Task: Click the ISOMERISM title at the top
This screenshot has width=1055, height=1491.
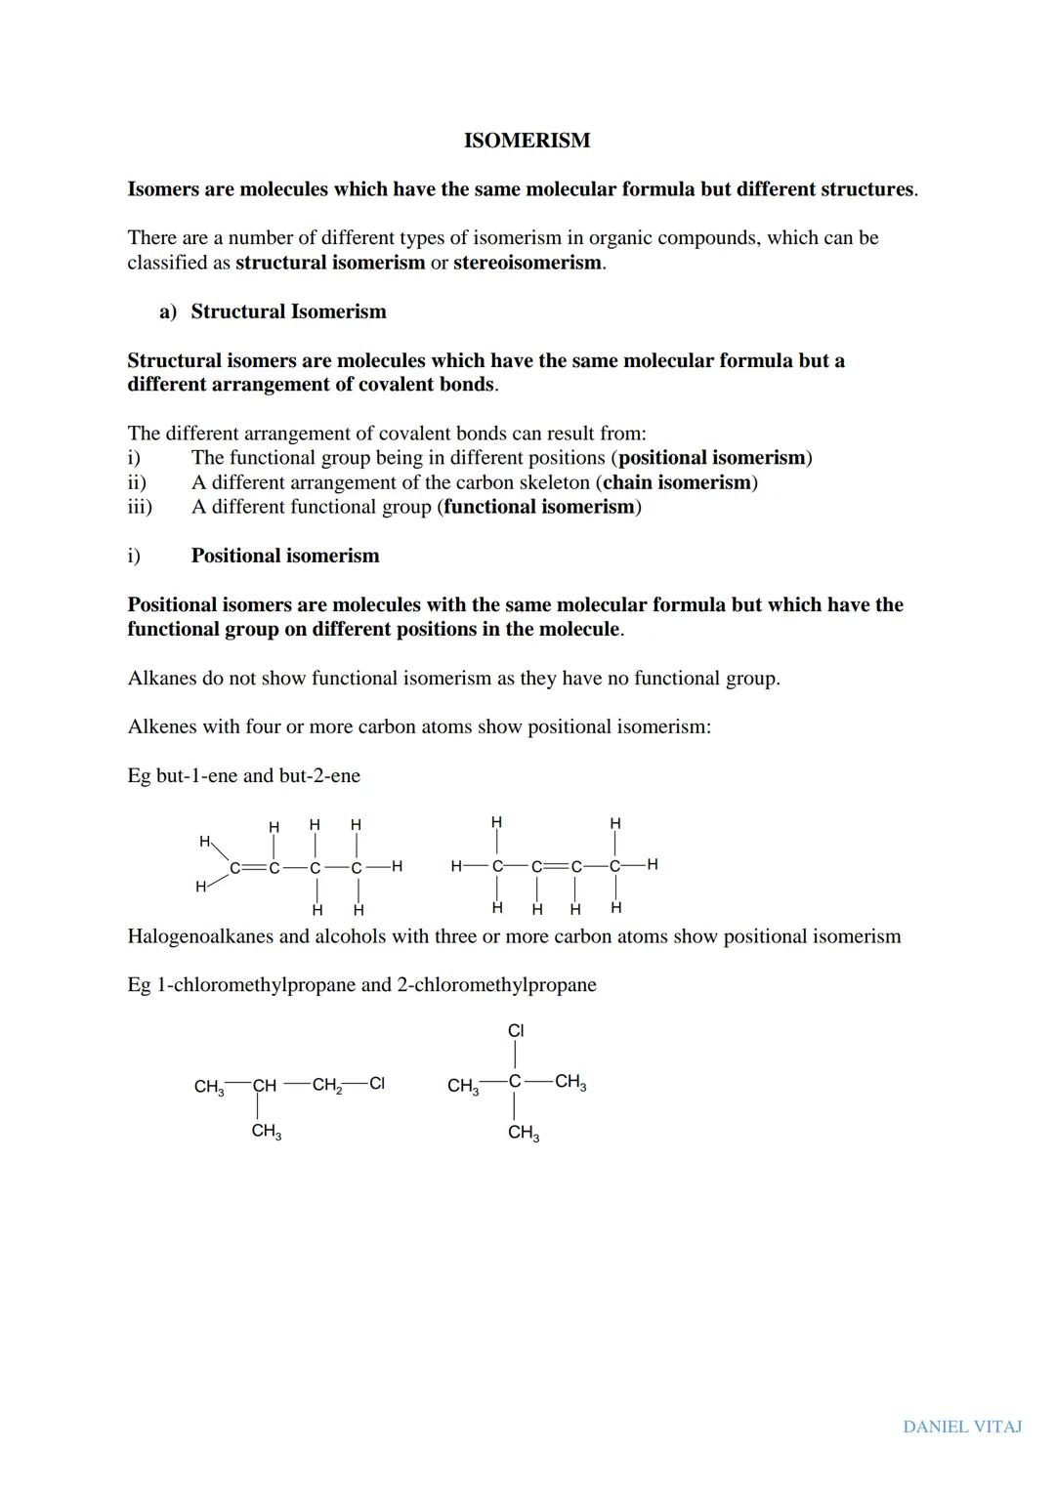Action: tap(527, 141)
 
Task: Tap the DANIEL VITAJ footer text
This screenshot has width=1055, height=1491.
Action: tap(962, 1427)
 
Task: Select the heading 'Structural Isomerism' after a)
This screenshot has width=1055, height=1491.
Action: tap(288, 311)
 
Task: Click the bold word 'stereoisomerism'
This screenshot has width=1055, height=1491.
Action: tap(527, 263)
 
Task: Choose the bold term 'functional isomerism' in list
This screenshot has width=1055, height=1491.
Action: tap(539, 507)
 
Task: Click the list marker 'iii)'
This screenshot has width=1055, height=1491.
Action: tap(140, 507)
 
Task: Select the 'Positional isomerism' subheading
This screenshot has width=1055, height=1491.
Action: tap(285, 556)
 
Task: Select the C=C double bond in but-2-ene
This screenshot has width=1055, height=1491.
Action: tap(556, 866)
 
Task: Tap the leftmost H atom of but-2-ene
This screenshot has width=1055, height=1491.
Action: tap(456, 866)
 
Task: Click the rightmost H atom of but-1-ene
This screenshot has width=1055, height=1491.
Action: tap(397, 866)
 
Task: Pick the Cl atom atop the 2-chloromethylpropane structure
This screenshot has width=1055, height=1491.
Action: tap(516, 1030)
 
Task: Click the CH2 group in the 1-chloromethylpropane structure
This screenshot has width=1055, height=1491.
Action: tap(326, 1085)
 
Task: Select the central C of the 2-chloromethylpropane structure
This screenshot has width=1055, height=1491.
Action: tap(515, 1082)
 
